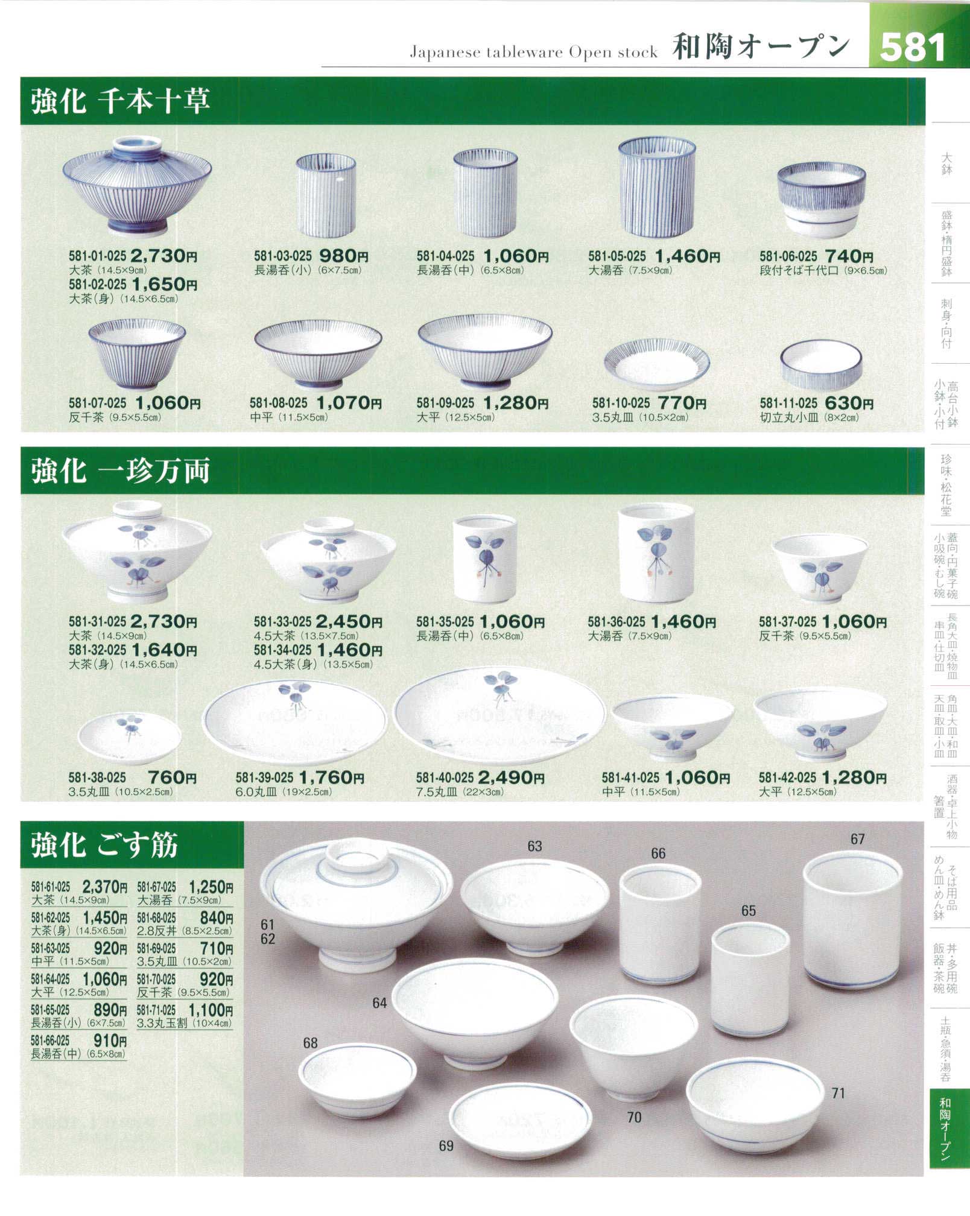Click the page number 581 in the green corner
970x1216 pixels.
[x=912, y=47]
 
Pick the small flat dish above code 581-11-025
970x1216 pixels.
[x=820, y=366]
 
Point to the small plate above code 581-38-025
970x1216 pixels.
[x=129, y=738]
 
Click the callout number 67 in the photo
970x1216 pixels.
[x=857, y=839]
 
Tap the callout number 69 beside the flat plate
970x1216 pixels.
[x=446, y=1145]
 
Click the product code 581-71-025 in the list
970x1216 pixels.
[x=156, y=1010]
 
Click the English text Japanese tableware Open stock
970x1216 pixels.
[x=533, y=52]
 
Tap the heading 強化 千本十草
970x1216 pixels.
[x=121, y=101]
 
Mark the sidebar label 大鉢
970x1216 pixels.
[x=946, y=164]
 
